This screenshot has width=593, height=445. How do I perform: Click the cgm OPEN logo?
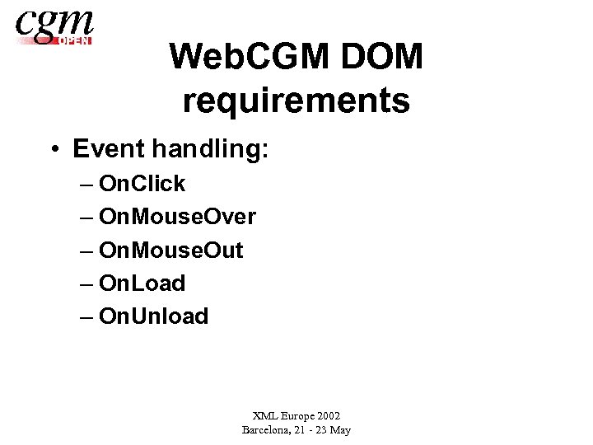tap(54, 26)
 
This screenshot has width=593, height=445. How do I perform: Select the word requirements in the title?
tap(296, 101)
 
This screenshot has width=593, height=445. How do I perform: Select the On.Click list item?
tap(142, 184)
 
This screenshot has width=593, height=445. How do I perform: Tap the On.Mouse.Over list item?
tap(177, 217)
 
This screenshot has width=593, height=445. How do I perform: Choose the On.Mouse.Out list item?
tap(170, 250)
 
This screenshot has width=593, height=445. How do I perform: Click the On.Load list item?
tap(142, 283)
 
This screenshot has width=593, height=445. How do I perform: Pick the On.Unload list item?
tap(153, 316)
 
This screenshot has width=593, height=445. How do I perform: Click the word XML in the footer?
tap(265, 416)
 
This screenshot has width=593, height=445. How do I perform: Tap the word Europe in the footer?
tap(301, 416)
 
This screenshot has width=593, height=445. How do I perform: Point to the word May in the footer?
tap(339, 430)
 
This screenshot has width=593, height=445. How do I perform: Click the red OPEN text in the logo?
tap(75, 40)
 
